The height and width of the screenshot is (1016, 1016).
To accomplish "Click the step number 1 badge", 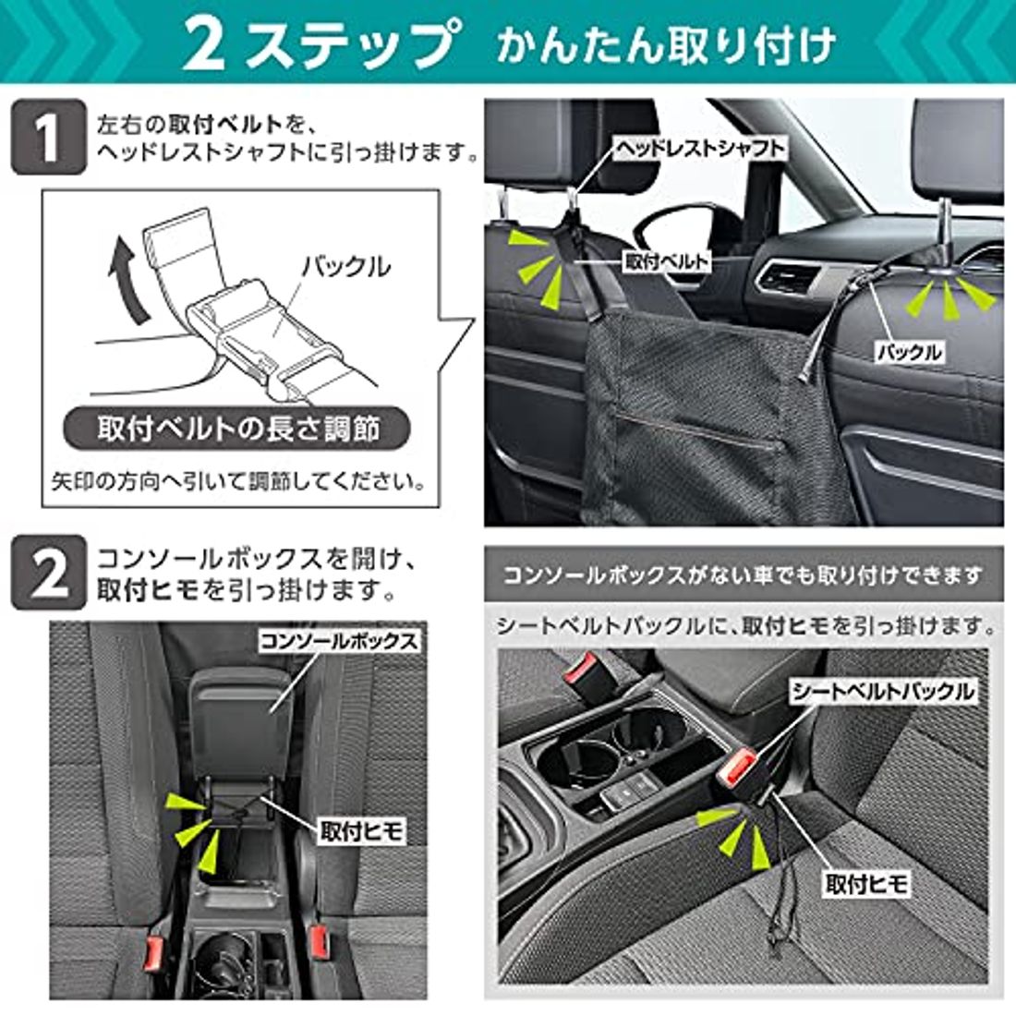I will coord(48,138).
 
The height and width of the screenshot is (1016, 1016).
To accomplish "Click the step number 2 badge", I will coord(48,574).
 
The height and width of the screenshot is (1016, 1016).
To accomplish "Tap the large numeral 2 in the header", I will coord(205,44).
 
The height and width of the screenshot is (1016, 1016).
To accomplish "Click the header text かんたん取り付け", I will coord(665,44).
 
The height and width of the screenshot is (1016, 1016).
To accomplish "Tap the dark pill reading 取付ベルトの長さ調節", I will coord(238,429).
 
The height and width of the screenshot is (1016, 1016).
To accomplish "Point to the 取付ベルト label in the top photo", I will coord(667,261).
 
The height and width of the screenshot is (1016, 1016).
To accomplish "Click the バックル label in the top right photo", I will coord(909,351).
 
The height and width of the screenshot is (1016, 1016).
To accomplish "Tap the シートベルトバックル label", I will coord(882,691).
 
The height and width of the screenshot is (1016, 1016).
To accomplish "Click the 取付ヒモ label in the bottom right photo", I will coord(866,884).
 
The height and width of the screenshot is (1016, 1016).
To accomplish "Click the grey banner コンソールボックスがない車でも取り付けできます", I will coord(743,575).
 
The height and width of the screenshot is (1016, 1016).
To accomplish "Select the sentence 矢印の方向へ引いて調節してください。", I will coord(238,482).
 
